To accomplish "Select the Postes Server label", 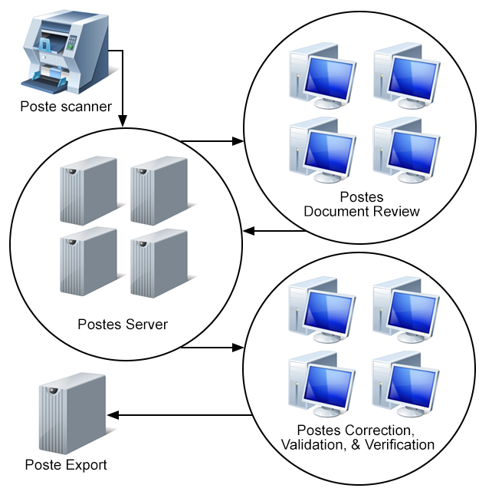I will pos(123,324).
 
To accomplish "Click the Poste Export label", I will pos(66,464).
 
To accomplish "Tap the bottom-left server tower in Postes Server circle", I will pos(88,261).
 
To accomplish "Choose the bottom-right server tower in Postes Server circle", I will pos(159,261).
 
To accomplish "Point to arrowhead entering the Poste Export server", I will pos(113,415).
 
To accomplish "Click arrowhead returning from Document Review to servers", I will pos(248,231).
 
